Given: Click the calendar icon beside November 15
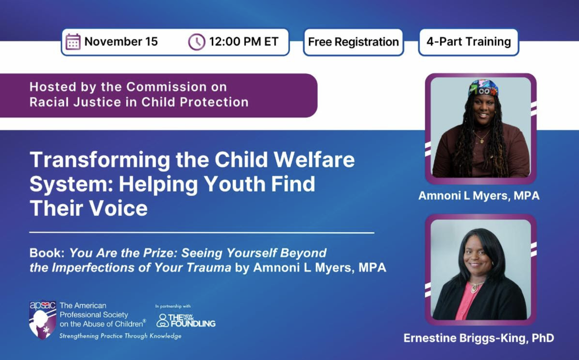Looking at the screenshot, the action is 73,42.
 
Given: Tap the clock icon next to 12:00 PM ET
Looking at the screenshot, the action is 197,42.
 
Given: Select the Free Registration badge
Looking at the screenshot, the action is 354,42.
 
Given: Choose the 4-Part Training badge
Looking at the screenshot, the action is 468,42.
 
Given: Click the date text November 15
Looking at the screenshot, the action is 121,42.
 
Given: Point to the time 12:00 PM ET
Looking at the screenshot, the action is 244,42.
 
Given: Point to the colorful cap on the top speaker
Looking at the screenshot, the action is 483,88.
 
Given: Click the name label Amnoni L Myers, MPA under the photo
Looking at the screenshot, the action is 479,195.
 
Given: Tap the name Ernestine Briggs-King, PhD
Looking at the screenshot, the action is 479,338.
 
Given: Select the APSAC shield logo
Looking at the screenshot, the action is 43,319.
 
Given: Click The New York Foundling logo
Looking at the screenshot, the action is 186,320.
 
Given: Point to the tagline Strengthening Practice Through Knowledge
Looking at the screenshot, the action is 120,336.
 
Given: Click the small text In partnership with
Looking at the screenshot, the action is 173,306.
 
